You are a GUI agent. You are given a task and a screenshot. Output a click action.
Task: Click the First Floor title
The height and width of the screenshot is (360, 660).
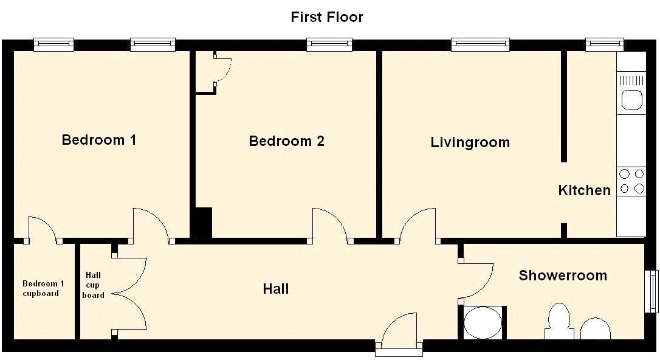(x=326, y=17)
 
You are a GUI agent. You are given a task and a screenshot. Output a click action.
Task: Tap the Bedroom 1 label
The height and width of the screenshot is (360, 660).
(x=99, y=140)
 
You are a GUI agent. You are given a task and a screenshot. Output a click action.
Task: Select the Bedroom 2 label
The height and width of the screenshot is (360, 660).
(x=287, y=141)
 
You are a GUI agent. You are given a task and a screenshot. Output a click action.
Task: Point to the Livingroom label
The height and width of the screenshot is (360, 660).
(x=470, y=142)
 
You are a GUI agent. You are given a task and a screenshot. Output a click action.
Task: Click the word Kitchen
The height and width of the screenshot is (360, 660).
(x=584, y=190)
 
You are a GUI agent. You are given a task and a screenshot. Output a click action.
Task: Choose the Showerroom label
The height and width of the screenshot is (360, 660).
(x=563, y=275)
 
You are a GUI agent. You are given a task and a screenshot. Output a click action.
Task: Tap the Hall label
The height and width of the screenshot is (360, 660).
(x=276, y=289)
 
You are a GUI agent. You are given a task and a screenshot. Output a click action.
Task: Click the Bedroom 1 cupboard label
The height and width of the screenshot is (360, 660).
(x=41, y=288)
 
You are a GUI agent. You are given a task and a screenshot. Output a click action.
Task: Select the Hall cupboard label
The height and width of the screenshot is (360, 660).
(x=93, y=285)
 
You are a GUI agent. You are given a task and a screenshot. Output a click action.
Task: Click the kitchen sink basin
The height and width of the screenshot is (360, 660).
(x=631, y=100)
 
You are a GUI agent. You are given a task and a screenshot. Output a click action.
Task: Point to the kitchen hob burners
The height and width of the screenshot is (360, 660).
(x=632, y=181)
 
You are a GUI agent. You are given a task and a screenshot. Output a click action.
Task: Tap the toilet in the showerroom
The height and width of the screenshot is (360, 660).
(x=559, y=321)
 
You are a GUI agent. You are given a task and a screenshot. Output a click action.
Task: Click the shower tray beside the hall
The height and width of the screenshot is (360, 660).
(x=483, y=322)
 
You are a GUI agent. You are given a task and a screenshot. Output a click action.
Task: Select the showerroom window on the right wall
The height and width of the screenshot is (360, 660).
(x=651, y=291)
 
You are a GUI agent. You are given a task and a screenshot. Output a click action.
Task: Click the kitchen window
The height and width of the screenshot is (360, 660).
(x=605, y=44)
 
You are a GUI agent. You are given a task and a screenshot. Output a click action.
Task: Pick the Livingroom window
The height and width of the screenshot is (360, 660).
(x=480, y=44)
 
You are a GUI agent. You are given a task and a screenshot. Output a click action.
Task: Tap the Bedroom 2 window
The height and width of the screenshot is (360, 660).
(x=329, y=44)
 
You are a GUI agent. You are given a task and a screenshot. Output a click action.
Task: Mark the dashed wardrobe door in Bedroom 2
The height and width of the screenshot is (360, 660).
(x=223, y=70)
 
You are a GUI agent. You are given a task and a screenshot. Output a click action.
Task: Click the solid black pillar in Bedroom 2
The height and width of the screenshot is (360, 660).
(x=204, y=223)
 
